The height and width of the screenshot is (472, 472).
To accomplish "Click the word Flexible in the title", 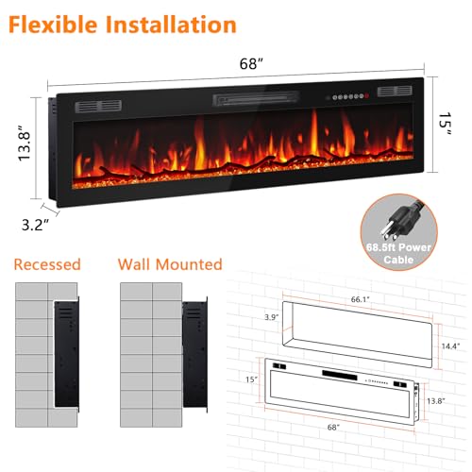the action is pyautogui.click(x=53, y=25).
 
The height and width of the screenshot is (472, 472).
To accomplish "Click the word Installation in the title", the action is pyautogui.click(x=171, y=25).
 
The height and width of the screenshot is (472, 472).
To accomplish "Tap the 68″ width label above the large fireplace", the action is pyautogui.click(x=251, y=64).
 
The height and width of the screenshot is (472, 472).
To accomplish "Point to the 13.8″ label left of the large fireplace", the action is pyautogui.click(x=25, y=143).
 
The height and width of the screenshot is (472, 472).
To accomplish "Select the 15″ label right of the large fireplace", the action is pyautogui.click(x=446, y=124).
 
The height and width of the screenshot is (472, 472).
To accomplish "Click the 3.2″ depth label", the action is pyautogui.click(x=36, y=225).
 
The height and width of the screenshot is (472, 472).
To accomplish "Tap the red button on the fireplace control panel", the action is pyautogui.click(x=367, y=96).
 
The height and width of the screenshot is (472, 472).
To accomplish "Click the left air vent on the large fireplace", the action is pyautogui.click(x=98, y=107).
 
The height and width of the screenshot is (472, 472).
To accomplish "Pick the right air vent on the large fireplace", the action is pyautogui.click(x=395, y=91).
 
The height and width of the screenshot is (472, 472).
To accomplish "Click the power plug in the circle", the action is pyautogui.click(x=399, y=220).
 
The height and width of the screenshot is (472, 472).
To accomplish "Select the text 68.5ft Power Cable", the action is pyautogui.click(x=398, y=253).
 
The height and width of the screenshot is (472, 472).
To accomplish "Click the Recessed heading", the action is pyautogui.click(x=47, y=264).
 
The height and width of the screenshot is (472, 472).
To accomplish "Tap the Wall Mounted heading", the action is pyautogui.click(x=170, y=264).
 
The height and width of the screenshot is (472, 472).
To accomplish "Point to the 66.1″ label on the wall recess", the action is pyautogui.click(x=361, y=299).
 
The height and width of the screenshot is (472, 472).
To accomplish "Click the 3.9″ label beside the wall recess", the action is pyautogui.click(x=272, y=317).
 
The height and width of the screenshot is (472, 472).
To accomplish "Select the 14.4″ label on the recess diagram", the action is pyautogui.click(x=451, y=346).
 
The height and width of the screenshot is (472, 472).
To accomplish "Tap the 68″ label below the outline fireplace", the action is pyautogui.click(x=333, y=427).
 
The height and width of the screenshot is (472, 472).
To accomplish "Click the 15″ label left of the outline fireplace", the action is pyautogui.click(x=252, y=379).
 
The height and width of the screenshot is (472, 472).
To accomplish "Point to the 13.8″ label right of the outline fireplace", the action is pyautogui.click(x=436, y=401).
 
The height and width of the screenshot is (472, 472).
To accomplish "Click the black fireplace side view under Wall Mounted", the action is pyautogui.click(x=195, y=354).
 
